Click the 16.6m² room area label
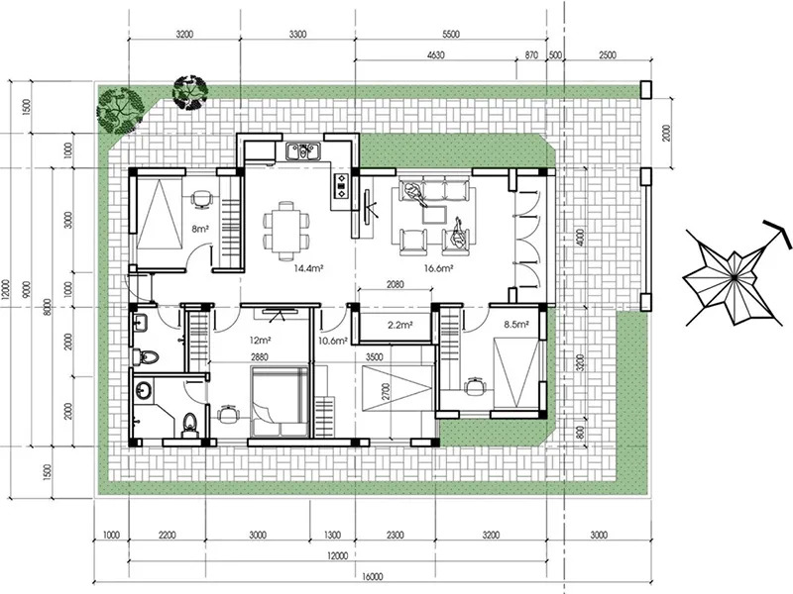pos(438,268)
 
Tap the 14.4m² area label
pos(308,268)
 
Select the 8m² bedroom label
pos(200,229)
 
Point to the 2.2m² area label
pos(399,325)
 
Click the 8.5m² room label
pos(516,325)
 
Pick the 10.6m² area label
pos(332,341)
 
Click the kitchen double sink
pos(303,151)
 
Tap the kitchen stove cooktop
pos(341,185)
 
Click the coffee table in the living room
pos(434,216)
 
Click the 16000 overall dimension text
pos(373,577)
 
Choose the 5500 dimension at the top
pos(451,34)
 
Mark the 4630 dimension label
pos(435,54)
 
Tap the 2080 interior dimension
pos(395,284)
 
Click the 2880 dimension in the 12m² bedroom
pos(260,357)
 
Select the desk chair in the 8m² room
pos(202,199)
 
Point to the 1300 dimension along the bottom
pos(332,535)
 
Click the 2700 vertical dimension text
pos(386,391)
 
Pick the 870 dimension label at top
pos(531,54)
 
